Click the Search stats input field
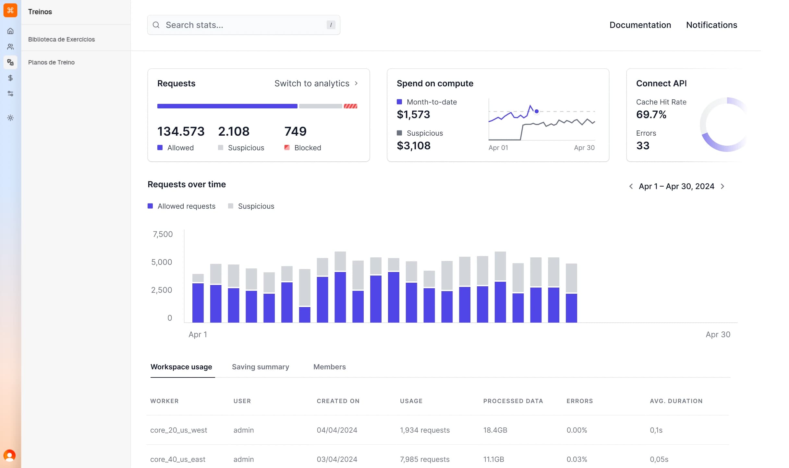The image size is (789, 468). point(243,25)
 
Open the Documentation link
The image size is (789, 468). point(640,25)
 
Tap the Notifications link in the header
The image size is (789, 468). point(711,25)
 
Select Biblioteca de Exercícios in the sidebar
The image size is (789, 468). point(61,39)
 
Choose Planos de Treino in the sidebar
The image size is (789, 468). point(51,62)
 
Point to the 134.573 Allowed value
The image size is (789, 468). point(181,131)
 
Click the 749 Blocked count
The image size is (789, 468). point(295,131)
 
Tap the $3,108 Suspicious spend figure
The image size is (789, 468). point(413,146)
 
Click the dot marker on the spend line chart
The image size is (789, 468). point(537,111)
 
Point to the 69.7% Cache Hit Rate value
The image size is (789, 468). point(651,115)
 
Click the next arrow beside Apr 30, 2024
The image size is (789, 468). point(722,186)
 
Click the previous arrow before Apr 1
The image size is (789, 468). point(631,186)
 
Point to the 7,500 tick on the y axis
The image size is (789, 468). point(163,234)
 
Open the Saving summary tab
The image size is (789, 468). point(260,367)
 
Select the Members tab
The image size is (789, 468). point(329,367)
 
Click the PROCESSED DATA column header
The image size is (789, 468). point(513,401)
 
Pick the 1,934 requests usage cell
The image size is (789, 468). point(425,430)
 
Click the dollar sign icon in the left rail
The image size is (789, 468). point(10,78)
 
